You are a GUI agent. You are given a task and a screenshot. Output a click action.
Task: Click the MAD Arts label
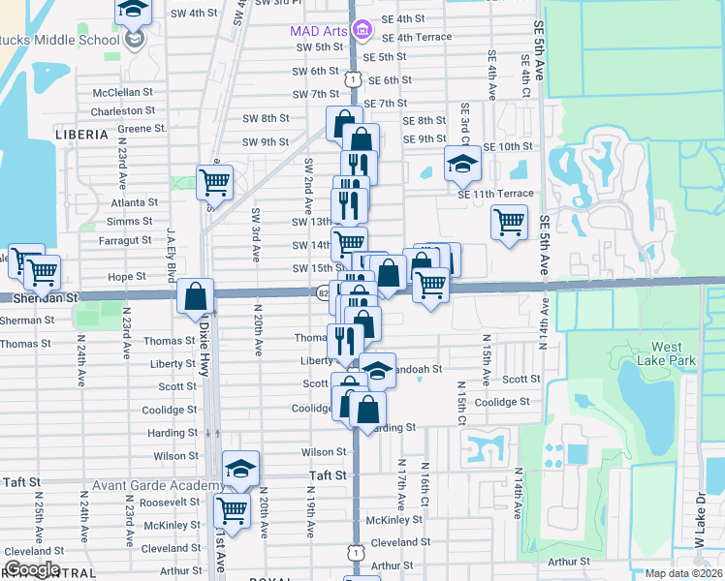(318, 31)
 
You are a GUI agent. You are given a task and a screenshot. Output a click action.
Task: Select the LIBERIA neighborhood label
(81, 135)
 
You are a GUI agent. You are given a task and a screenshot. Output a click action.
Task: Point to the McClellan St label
(124, 93)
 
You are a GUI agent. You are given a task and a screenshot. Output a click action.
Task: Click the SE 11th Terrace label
(495, 194)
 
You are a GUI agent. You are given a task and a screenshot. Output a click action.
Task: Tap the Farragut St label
(126, 239)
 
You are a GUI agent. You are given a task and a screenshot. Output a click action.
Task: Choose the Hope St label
(126, 277)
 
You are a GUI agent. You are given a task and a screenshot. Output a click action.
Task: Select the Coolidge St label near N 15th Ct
(502, 402)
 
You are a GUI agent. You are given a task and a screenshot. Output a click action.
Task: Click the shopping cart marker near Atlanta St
(214, 181)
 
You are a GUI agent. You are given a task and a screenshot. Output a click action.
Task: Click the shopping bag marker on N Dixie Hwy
(196, 296)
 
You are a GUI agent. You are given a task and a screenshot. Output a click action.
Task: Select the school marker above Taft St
(240, 469)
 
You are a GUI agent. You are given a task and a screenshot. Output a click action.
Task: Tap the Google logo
(31, 569)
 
